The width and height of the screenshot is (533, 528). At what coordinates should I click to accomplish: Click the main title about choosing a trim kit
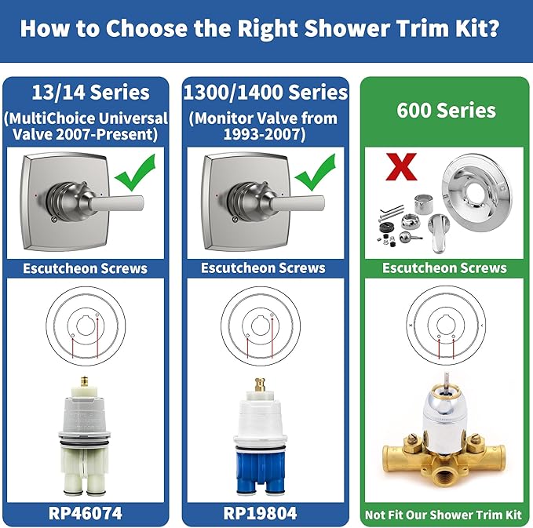[x=266, y=29]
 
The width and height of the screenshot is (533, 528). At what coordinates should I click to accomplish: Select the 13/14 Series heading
[x=88, y=93]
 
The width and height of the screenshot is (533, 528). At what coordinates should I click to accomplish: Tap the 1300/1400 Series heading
[x=265, y=93]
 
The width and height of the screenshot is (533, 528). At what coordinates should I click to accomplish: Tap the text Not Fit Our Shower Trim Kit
[x=444, y=515]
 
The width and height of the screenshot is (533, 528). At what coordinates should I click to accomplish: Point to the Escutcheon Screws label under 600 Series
[x=444, y=268]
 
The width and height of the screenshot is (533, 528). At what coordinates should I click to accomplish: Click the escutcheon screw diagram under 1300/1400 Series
[x=263, y=322]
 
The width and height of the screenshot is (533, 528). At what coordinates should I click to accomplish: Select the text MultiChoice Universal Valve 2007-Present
[x=88, y=126]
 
